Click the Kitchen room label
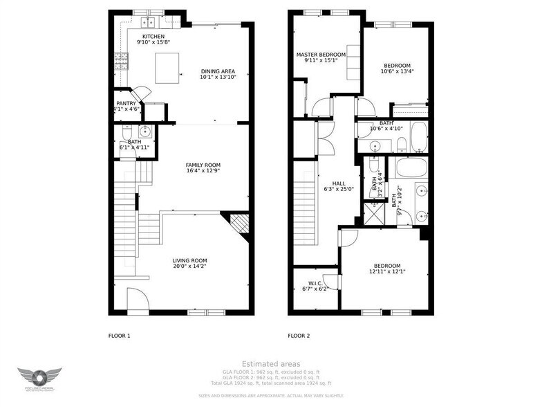point(153,36)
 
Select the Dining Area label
point(218,71)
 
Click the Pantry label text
point(126,103)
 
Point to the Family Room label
point(202,165)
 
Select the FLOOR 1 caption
point(119,336)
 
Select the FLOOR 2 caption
point(299,336)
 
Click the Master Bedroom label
point(321,55)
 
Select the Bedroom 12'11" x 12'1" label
point(387,266)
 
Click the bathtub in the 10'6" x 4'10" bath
point(419,137)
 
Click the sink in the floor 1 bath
point(145,132)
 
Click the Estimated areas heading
point(271,363)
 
